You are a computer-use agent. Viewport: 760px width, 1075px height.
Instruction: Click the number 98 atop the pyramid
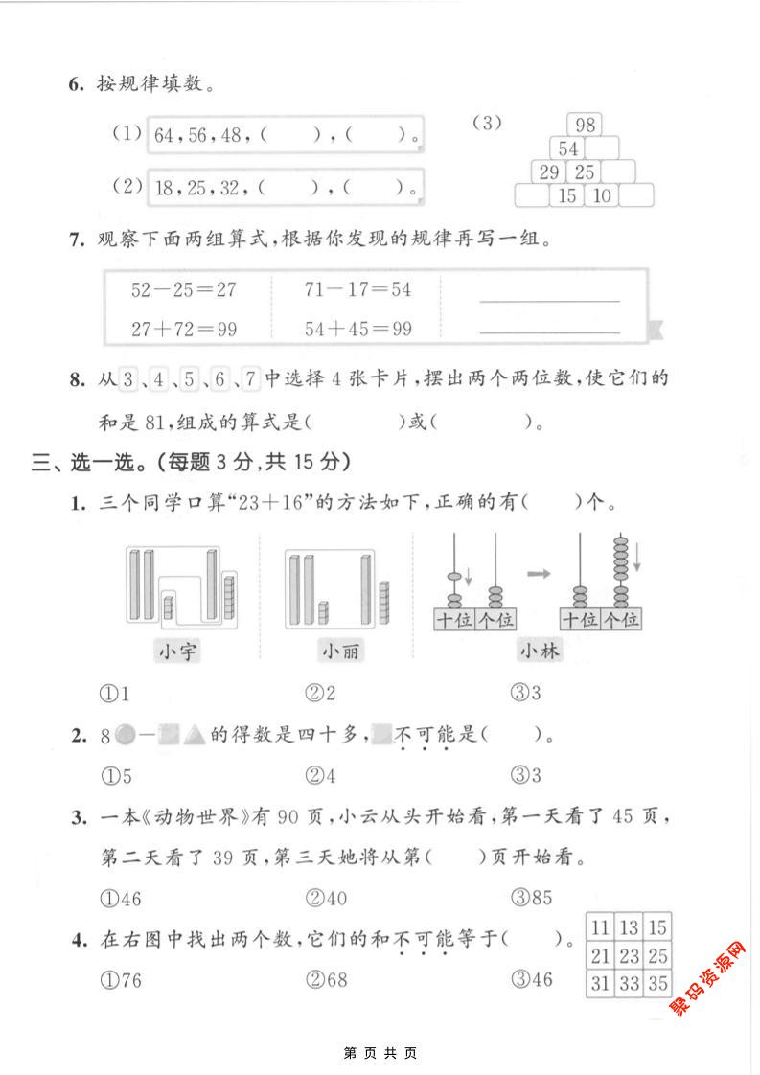(584, 125)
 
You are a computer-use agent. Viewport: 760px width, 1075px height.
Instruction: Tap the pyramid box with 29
(549, 172)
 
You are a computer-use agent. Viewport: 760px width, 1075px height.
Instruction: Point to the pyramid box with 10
(602, 196)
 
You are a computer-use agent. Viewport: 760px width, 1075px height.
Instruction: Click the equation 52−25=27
(184, 288)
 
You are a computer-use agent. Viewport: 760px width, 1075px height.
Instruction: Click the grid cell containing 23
(629, 955)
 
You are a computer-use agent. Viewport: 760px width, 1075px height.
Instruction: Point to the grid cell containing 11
(601, 926)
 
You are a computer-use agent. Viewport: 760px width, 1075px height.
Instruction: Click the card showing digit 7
(250, 378)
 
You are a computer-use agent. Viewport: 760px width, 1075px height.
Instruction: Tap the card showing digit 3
(129, 378)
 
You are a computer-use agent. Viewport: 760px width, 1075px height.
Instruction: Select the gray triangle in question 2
(195, 736)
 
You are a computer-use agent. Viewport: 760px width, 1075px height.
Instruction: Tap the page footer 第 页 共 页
(380, 1052)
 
